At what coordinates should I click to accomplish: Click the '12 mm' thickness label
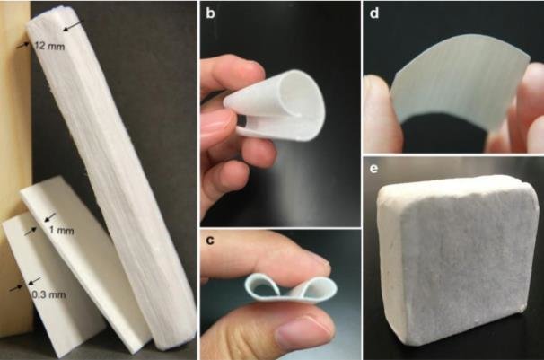[x=50, y=46]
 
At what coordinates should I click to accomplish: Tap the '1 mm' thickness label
[x=61, y=230]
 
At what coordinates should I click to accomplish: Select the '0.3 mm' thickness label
[x=48, y=295]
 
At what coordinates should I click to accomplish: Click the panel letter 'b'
[x=210, y=13]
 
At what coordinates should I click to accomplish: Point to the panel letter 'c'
[x=210, y=240]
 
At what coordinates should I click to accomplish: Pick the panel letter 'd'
[x=374, y=13]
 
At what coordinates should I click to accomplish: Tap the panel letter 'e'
[x=373, y=169]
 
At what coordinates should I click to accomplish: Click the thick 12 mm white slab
[x=115, y=173]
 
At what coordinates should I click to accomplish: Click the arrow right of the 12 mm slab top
[x=74, y=25]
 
